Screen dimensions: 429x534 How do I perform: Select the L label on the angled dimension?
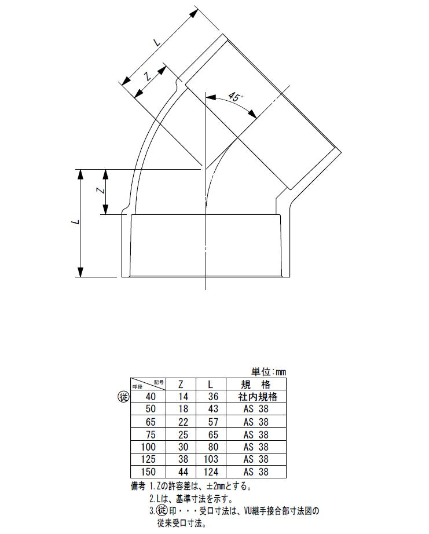pyautogui.click(x=157, y=42)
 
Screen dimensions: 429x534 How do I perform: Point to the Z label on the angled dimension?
pyautogui.click(x=148, y=76)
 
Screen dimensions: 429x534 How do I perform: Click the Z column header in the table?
pyautogui.click(x=181, y=385)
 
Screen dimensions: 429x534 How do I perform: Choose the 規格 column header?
pyautogui.click(x=256, y=385)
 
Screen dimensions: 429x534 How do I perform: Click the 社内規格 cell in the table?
pyautogui.click(x=258, y=396)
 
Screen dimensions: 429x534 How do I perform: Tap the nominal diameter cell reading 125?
pyautogui.click(x=148, y=459)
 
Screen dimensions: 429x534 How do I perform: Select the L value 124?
pyautogui.click(x=211, y=471)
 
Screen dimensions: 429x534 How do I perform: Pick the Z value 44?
pyautogui.click(x=183, y=471)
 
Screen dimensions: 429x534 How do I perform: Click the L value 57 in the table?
pyautogui.click(x=213, y=422)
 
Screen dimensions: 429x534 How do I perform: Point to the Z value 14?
pyautogui.click(x=183, y=396)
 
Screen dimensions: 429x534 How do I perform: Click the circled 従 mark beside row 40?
pyautogui.click(x=123, y=397)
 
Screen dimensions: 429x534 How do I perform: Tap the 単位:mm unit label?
pyautogui.click(x=269, y=372)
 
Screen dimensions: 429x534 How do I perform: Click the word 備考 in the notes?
pyautogui.click(x=138, y=486)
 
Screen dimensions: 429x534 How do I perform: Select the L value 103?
pyautogui.click(x=211, y=459)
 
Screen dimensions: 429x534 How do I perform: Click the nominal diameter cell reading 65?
pyautogui.click(x=151, y=422)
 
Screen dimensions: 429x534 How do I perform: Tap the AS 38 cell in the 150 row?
pyautogui.click(x=256, y=471)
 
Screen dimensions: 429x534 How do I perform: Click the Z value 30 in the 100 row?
pyautogui.click(x=183, y=447)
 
